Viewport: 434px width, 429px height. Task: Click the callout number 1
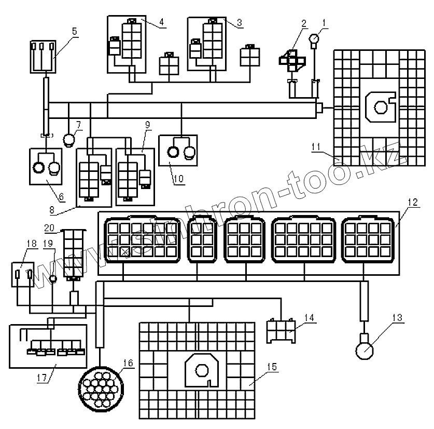[324, 23]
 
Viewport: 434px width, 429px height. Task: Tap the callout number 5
[74, 31]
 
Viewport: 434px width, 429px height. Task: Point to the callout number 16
[128, 363]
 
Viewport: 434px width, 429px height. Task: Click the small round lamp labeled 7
[69, 139]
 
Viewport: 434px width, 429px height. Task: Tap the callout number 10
[178, 178]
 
